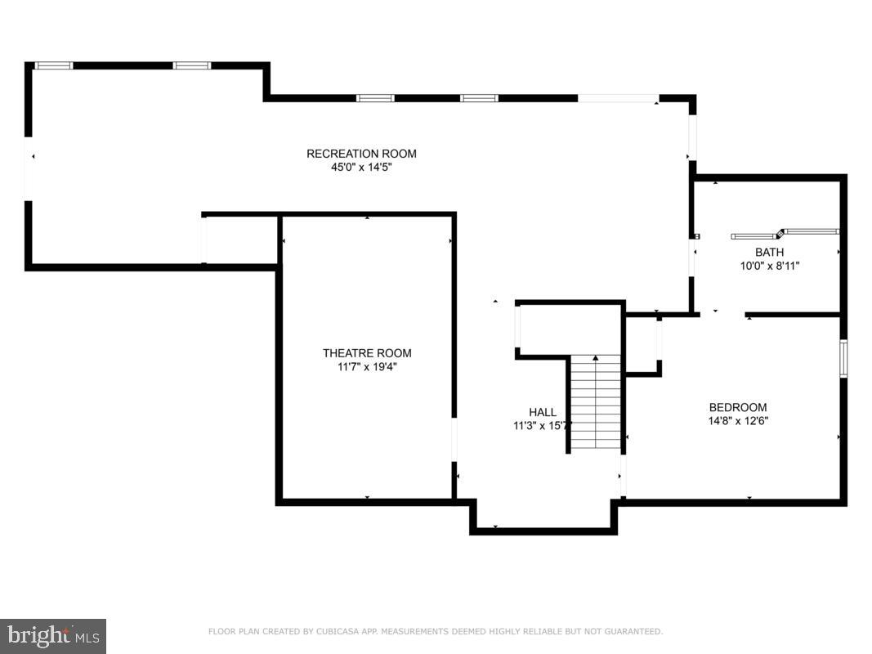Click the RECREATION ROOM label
(361, 154)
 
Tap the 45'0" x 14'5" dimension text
(361, 168)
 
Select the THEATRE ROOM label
(367, 353)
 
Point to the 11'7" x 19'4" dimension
(367, 367)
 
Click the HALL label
(542, 413)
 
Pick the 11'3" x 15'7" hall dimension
(542, 426)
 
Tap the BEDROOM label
(737, 408)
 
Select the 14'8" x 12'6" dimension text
(737, 422)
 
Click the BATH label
(769, 253)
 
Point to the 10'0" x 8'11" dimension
(769, 266)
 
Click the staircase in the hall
(596, 405)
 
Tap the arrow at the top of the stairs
(596, 358)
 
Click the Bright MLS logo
(53, 635)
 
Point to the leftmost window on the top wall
(54, 65)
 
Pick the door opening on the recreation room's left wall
(29, 168)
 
